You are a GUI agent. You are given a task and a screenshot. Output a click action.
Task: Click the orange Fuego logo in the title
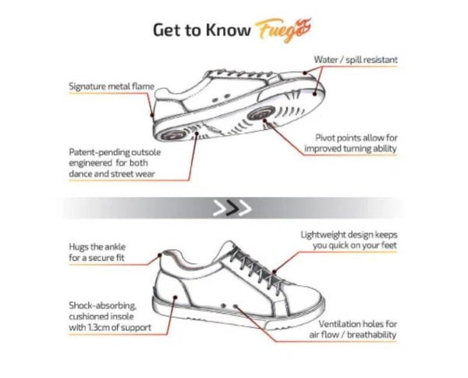point(283,30)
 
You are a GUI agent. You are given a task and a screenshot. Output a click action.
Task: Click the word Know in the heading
point(229,30)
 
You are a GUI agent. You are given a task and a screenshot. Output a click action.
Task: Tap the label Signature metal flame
point(112,87)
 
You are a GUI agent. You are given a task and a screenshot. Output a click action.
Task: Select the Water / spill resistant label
point(356,60)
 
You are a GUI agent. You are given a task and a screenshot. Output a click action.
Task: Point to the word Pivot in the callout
point(324,138)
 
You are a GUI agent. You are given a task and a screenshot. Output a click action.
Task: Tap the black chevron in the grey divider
point(232,208)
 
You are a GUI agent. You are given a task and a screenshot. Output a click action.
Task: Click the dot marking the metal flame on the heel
point(152,115)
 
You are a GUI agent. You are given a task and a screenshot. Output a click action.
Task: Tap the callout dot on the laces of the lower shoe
point(275,272)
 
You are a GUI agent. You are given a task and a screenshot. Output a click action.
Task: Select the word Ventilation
point(339,324)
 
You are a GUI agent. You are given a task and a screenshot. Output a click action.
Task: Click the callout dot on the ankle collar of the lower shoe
point(160,255)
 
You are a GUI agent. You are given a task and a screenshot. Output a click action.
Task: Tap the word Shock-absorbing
point(103,305)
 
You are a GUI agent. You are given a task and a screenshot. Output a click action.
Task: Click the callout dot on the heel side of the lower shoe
point(175,298)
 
